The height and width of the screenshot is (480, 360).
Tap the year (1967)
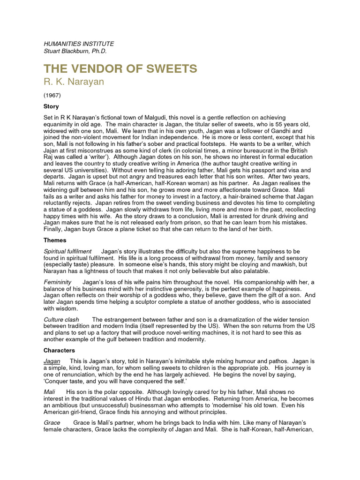52,95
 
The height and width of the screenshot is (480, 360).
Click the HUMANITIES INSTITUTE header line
79,44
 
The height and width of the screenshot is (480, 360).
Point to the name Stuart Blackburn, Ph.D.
75,51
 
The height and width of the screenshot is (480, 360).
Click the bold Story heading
51,106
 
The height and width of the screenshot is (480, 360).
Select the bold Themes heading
55,240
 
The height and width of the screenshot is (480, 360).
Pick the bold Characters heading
59,350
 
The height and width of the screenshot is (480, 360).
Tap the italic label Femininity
58,282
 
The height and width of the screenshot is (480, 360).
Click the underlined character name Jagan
52,361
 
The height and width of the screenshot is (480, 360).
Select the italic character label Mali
49,391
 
